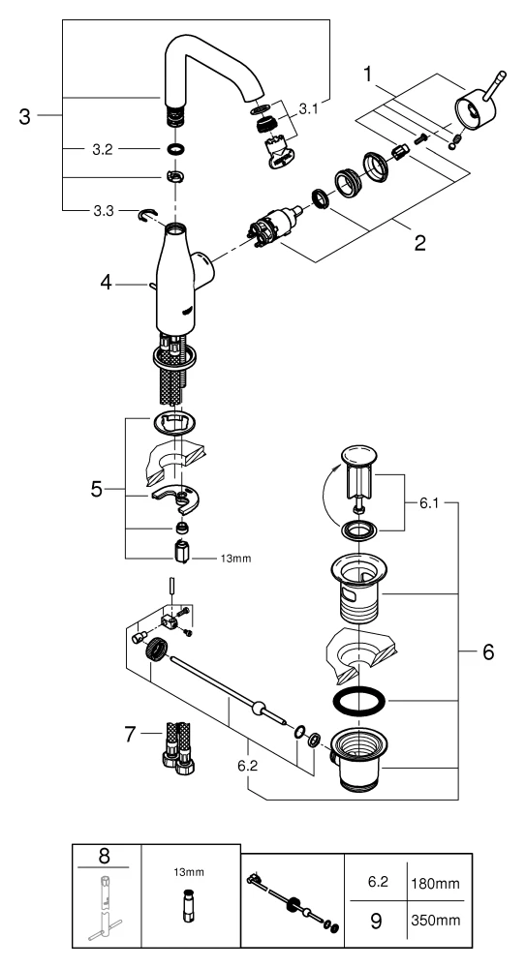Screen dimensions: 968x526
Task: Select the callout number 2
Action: click(419, 242)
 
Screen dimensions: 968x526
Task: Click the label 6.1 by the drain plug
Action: click(430, 503)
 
